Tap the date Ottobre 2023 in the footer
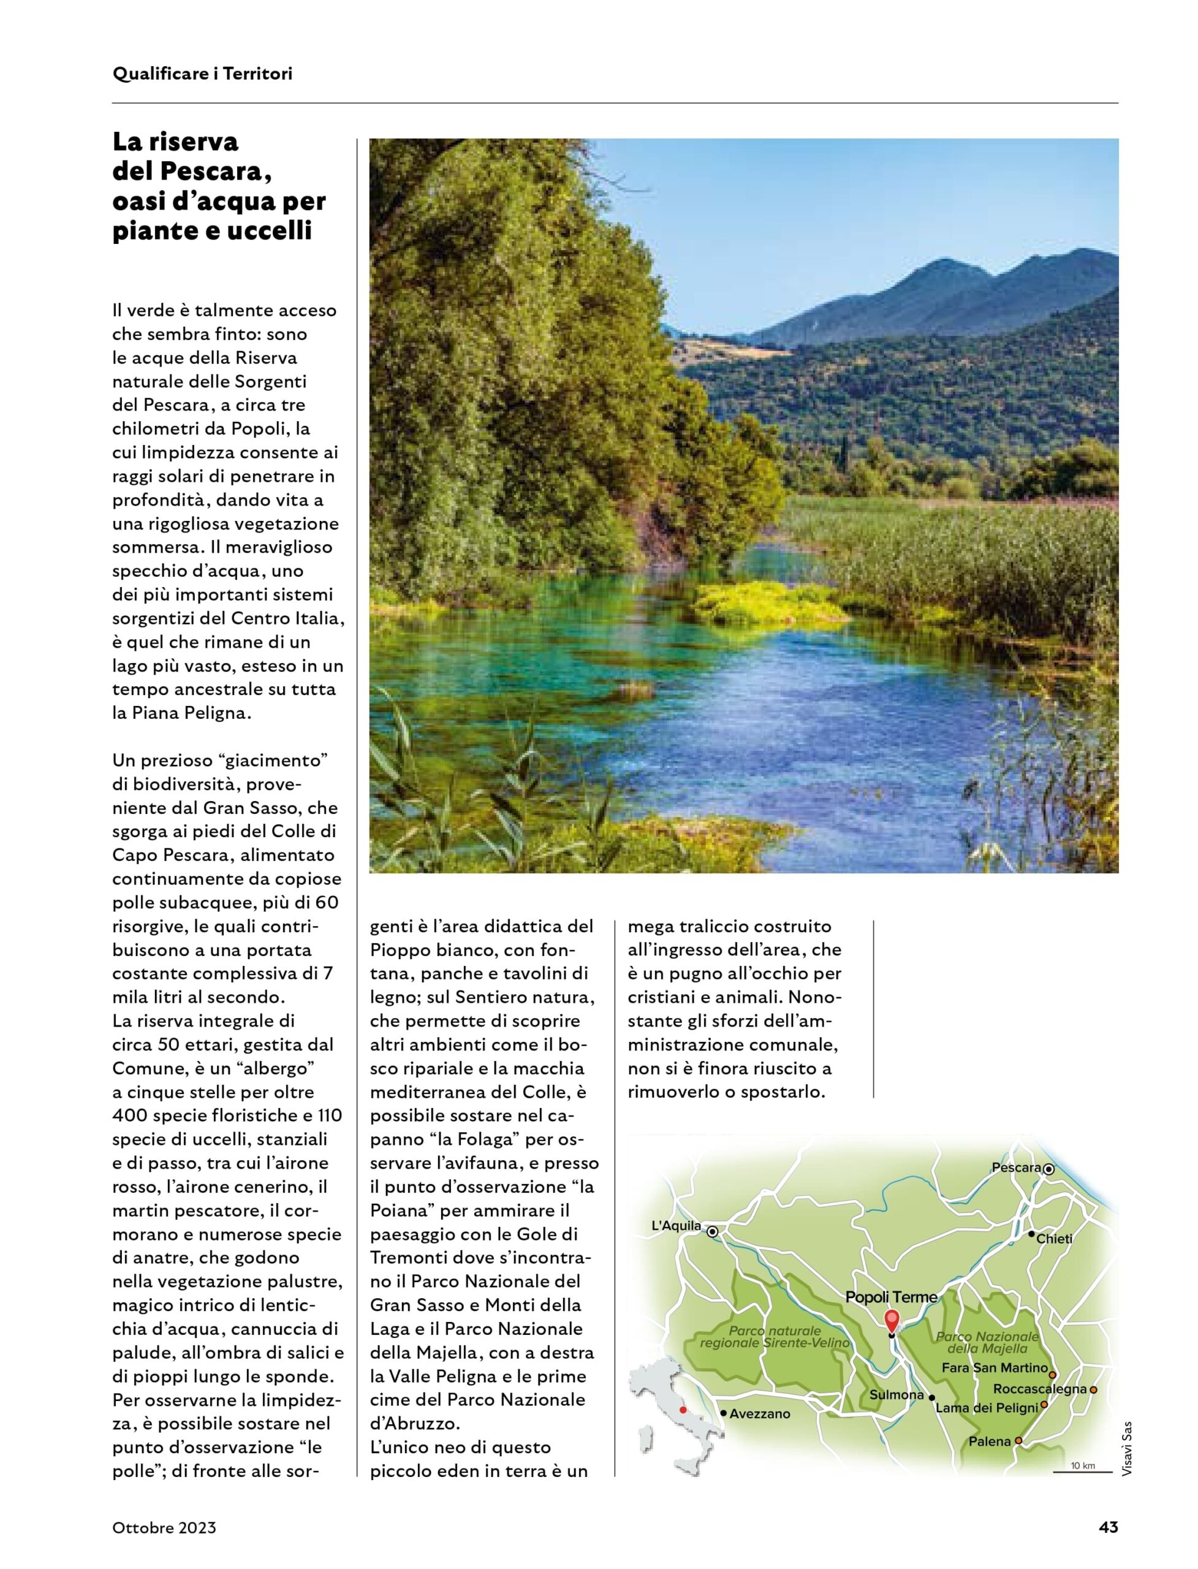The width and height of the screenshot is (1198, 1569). [164, 1528]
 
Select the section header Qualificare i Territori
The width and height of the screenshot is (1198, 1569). [202, 74]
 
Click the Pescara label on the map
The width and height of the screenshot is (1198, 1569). [1016, 1168]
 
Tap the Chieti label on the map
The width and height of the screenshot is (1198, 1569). [1054, 1239]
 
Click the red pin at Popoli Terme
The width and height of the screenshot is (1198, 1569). [892, 1320]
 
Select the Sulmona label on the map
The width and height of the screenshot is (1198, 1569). [897, 1394]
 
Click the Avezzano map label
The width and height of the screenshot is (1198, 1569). [759, 1413]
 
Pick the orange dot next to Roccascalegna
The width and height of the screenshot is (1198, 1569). [1093, 1389]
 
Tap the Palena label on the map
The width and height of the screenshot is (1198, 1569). [989, 1442]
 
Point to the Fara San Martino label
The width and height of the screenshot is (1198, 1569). [994, 1368]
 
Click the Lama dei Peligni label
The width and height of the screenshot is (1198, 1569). [986, 1408]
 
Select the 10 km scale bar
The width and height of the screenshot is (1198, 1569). [1082, 1470]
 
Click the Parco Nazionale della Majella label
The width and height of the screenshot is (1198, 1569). [987, 1342]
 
